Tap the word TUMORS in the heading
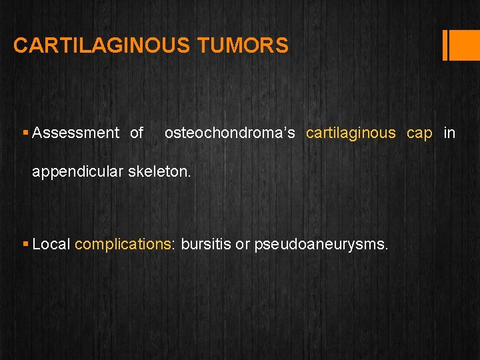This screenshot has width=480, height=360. pos(243,45)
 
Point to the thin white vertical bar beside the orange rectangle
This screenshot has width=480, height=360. pos(445,45)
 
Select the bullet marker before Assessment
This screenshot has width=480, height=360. pos(25,133)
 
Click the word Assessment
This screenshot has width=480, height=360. pos(75,133)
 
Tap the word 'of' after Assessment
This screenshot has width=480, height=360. pos(137,133)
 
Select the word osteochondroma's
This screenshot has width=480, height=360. pos(229,133)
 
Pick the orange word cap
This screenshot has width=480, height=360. pos(419,133)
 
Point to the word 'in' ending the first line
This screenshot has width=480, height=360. pos(449,133)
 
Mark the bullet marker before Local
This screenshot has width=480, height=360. pos(25,245)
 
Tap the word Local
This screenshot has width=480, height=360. pos(51,245)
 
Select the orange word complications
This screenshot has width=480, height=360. pos(123,245)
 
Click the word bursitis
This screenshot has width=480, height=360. pos(206,245)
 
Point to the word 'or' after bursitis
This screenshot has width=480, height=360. pos(243,245)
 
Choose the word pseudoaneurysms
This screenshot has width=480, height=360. pos(320,245)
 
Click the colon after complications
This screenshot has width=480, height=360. pos(173,245)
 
